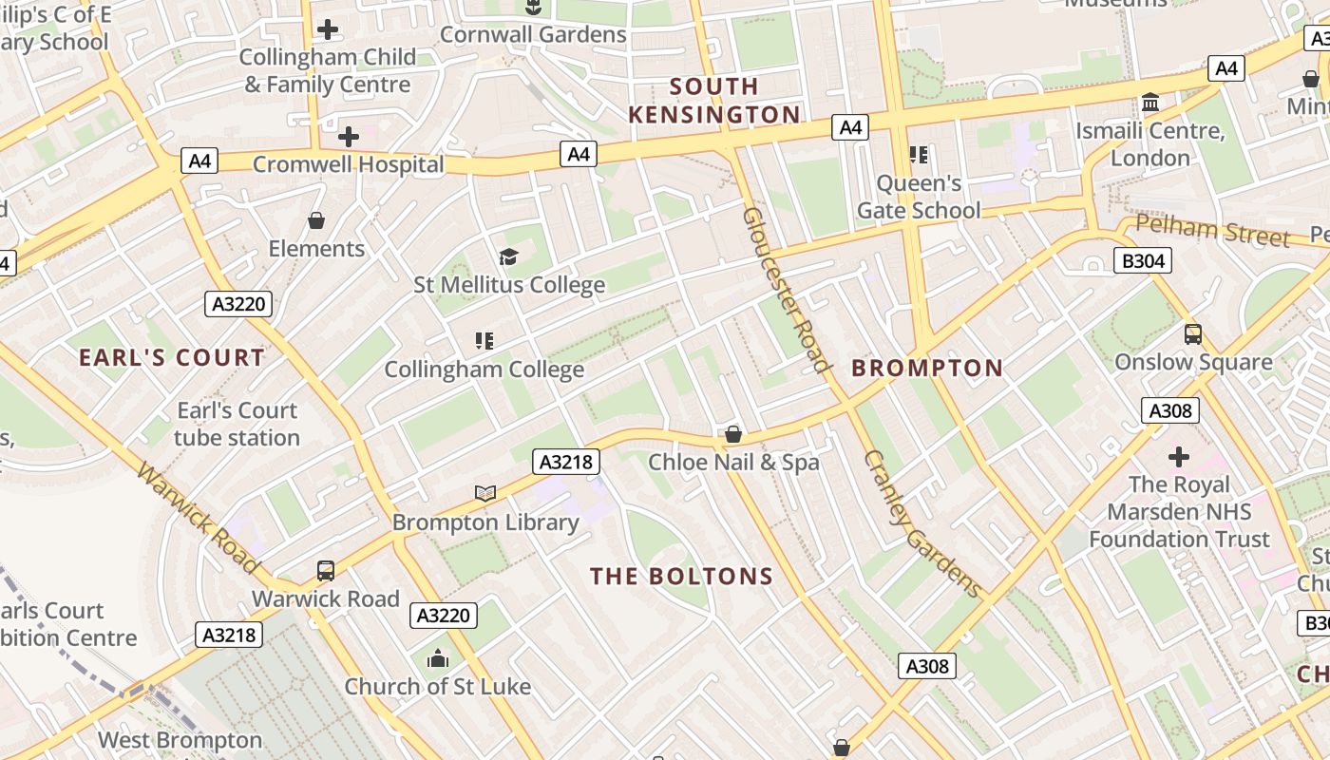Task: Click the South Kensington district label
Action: (713, 101)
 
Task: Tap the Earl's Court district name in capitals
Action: (172, 358)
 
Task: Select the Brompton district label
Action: (927, 369)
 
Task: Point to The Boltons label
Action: (681, 577)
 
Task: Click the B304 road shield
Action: (1143, 260)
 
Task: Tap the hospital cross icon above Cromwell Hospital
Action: (349, 137)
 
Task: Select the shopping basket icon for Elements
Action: (316, 220)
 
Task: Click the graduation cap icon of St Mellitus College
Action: (509, 256)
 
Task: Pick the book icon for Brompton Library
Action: (485, 493)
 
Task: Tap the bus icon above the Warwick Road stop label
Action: (326, 571)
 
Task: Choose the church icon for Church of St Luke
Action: (438, 657)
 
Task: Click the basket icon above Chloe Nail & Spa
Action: (733, 434)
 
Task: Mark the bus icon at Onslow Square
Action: (1193, 334)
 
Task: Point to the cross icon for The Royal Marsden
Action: (1179, 457)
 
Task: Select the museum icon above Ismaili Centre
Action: (1150, 102)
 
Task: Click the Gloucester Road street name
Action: (786, 290)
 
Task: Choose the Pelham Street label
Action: (1213, 231)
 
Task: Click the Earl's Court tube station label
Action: (237, 425)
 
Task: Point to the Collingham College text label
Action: (484, 370)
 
